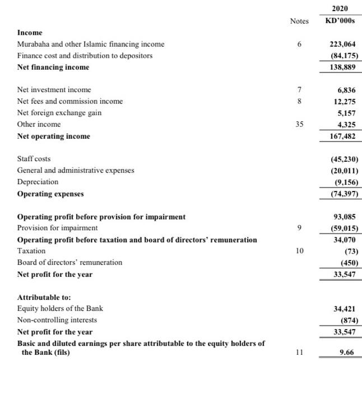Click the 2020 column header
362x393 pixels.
tap(340, 8)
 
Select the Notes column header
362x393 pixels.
tap(299, 21)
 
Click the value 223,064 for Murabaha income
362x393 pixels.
tap(342, 44)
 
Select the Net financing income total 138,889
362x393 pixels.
tap(342, 67)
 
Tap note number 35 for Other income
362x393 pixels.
tap(299, 124)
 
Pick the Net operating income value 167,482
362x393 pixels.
tap(342, 136)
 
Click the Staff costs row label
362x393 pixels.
tap(34, 159)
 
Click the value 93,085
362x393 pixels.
tap(344, 217)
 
